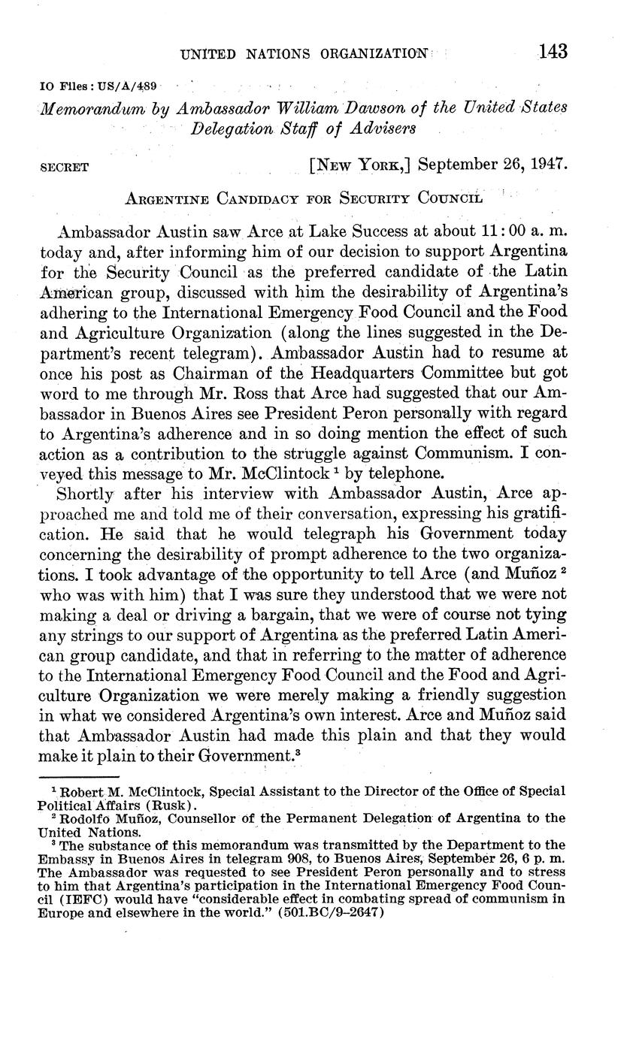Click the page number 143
pyautogui.click(x=553, y=51)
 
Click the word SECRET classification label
pyautogui.click(x=64, y=168)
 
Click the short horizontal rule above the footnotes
pyautogui.click(x=80, y=776)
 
